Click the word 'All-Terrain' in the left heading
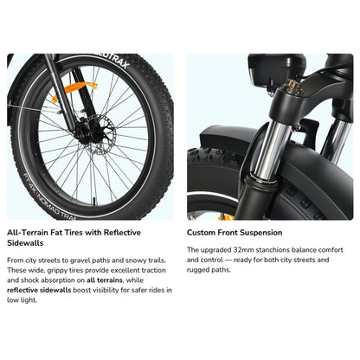click(x=27, y=233)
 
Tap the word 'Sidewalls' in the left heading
click(x=27, y=244)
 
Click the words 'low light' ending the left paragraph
click(x=24, y=302)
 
